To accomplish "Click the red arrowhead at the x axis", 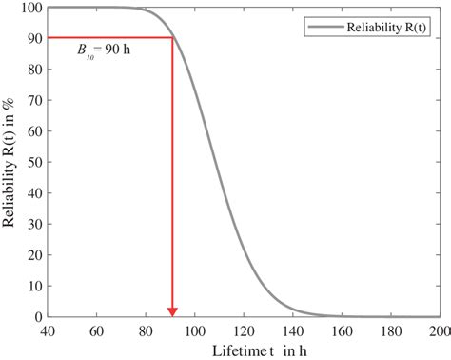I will click(x=172, y=310).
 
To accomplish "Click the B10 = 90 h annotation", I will click(x=104, y=49).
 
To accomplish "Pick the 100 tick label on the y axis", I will click(x=30, y=8).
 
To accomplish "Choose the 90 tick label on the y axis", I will click(x=33, y=38).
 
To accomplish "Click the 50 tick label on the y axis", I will click(x=33, y=162).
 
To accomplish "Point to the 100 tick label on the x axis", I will click(x=194, y=330).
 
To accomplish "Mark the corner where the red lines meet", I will click(x=172, y=38).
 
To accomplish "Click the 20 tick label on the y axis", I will click(x=33, y=254).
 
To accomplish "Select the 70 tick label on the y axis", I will click(x=33, y=100).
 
